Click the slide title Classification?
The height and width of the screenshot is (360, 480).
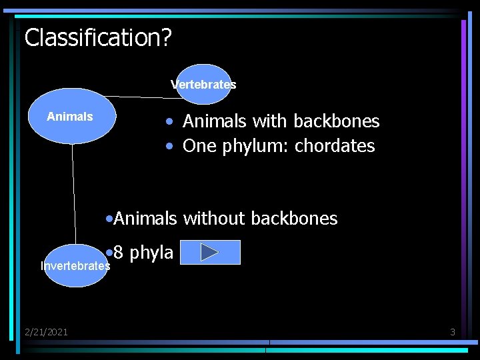coord(98,37)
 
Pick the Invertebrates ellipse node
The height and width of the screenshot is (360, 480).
coord(75,266)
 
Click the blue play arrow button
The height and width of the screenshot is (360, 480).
coord(210,253)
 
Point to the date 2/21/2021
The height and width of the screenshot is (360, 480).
coord(46,331)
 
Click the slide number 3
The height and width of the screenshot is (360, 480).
coord(453,331)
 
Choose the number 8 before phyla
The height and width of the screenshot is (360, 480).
coord(118,253)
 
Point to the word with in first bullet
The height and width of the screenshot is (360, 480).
coord(270,121)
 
